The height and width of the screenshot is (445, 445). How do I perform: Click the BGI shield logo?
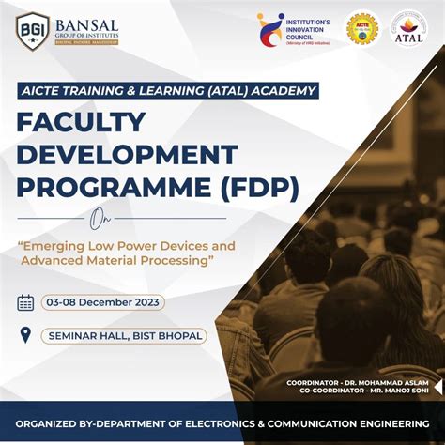tap(33, 30)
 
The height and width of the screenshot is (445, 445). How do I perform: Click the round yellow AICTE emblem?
tap(362, 28)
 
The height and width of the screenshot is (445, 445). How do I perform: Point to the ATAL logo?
tap(408, 28)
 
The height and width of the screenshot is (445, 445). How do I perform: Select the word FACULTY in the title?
tap(81, 122)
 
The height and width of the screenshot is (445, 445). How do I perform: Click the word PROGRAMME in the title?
tap(103, 188)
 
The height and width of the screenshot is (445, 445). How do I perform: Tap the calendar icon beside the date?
tap(25, 302)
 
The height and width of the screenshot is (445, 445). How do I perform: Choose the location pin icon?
tap(25, 334)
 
